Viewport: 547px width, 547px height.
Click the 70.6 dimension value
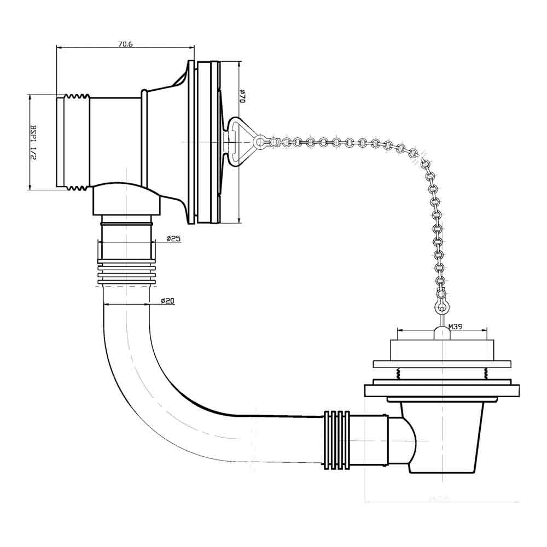pyautogui.click(x=125, y=44)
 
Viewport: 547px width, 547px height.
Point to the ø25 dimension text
pyautogui.click(x=174, y=238)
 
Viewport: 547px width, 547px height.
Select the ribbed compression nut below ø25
pyautogui.click(x=126, y=273)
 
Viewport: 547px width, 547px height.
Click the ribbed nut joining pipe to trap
pyautogui.click(x=336, y=439)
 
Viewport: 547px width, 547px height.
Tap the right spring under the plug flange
pyautogui.click(x=485, y=374)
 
